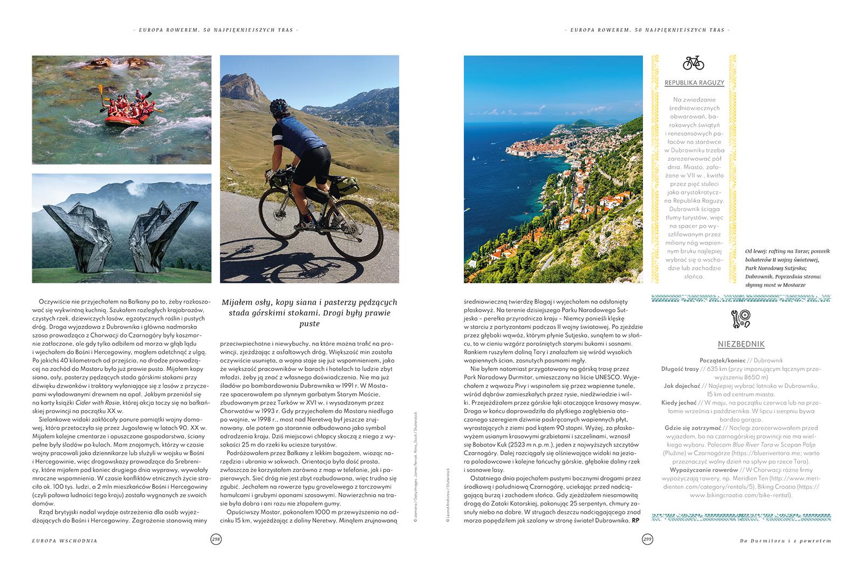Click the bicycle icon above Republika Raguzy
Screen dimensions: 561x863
coord(693,63)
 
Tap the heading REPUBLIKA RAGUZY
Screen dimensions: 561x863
coord(694,83)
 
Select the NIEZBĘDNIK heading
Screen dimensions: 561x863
coord(741,344)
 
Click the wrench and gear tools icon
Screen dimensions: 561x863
coord(741,318)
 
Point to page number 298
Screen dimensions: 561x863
coord(216,539)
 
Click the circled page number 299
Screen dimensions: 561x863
coord(647,539)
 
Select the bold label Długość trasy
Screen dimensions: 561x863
coord(680,369)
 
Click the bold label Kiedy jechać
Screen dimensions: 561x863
coord(679,402)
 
